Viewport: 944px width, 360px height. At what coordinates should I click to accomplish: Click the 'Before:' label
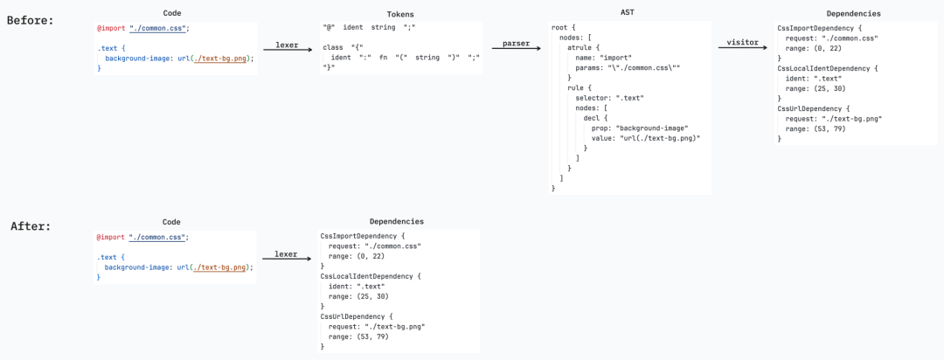pos(30,20)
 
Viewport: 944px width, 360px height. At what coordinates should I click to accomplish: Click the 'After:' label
pos(31,227)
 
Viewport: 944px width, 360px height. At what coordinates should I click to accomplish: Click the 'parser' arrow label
pos(515,44)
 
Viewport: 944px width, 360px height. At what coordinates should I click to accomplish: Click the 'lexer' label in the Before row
pos(288,45)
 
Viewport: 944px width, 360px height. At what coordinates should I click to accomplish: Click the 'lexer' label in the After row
pos(286,254)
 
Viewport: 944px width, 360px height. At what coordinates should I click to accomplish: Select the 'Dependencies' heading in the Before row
pos(856,13)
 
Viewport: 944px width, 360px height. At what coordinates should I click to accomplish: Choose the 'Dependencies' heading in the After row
pos(399,222)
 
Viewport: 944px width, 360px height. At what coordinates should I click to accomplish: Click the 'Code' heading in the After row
pos(171,222)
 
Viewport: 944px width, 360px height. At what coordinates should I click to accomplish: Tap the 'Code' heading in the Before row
pos(172,13)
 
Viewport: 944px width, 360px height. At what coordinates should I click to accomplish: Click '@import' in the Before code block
pos(111,28)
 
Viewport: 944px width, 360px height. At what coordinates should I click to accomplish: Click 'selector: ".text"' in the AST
pos(609,98)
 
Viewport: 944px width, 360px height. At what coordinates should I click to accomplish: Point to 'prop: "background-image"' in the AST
pos(635,128)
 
